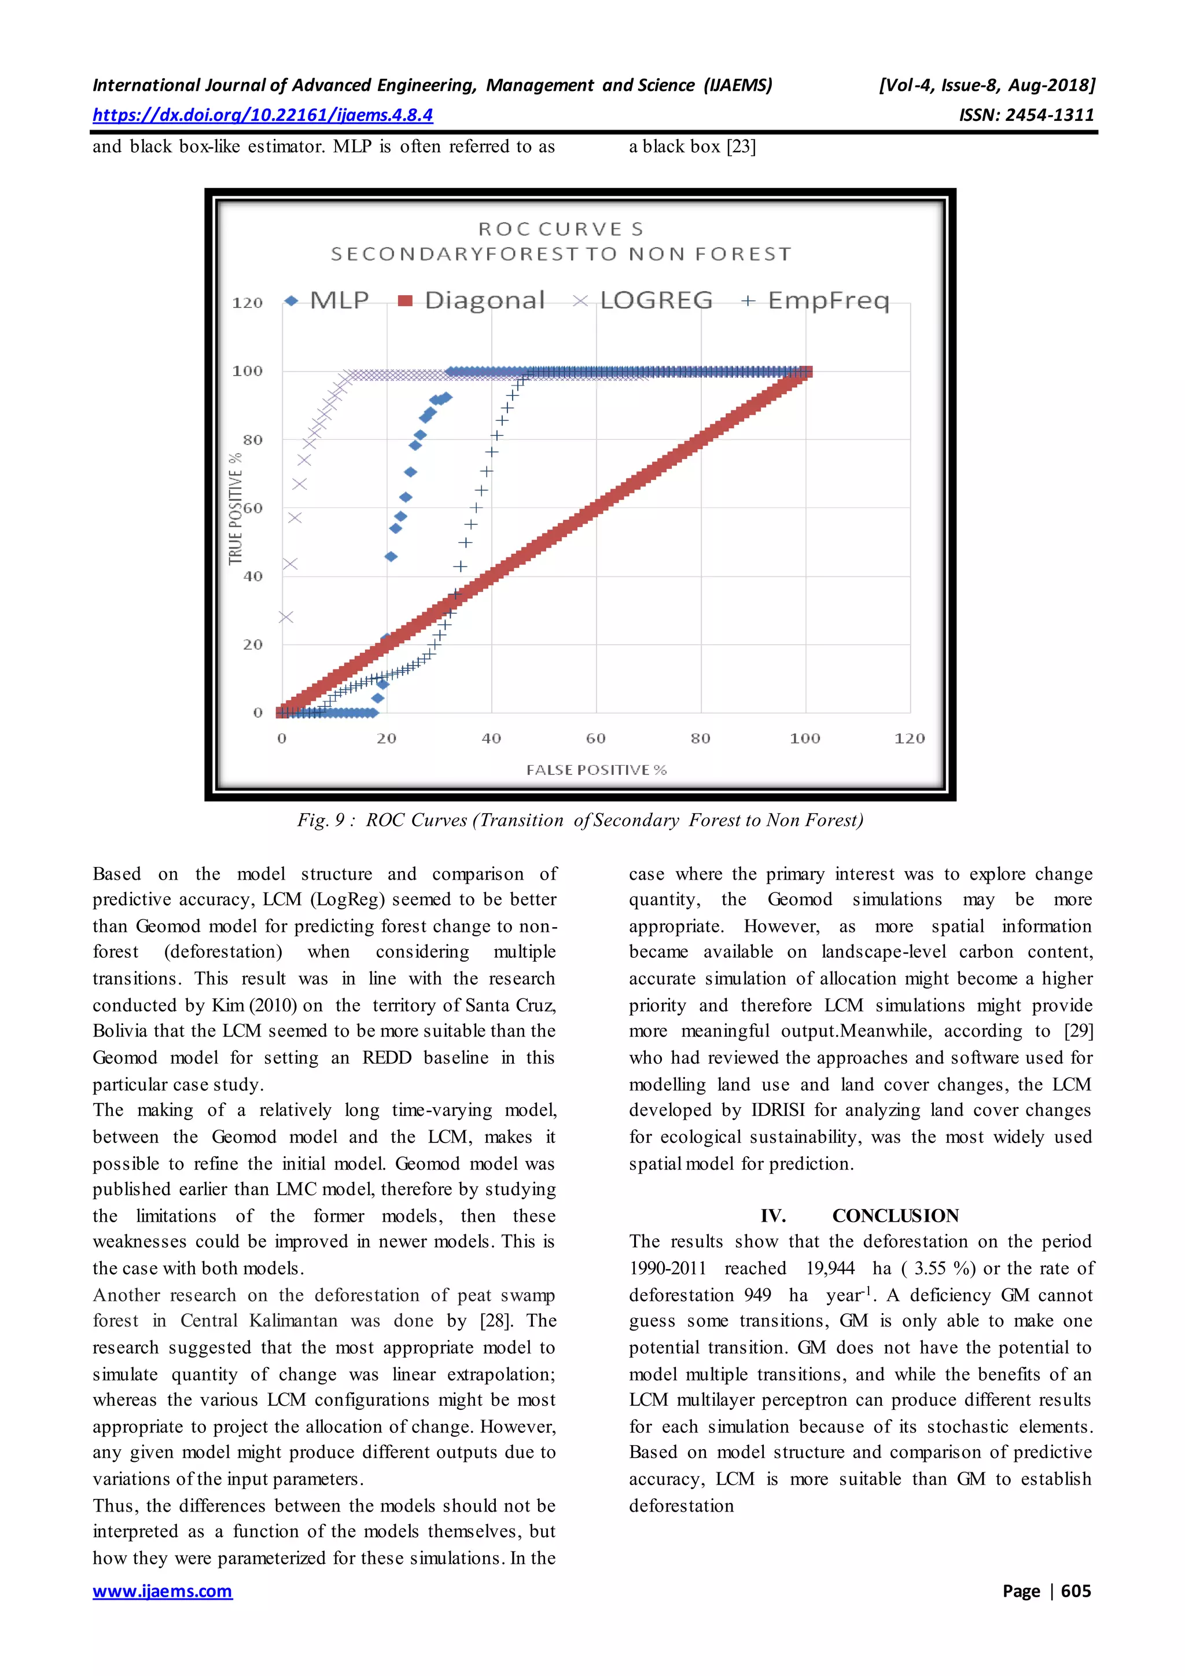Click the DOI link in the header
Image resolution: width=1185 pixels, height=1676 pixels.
pyautogui.click(x=263, y=115)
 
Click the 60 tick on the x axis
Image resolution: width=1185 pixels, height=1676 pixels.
pyautogui.click(x=595, y=738)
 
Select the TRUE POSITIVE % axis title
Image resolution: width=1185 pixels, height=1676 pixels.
pyautogui.click(x=235, y=508)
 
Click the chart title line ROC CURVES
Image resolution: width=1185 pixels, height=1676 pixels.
pyautogui.click(x=561, y=229)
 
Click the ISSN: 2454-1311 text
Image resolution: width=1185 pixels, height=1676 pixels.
pyautogui.click(x=1026, y=115)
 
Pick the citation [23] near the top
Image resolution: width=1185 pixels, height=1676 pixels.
pyautogui.click(x=741, y=147)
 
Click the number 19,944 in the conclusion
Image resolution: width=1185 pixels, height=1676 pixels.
pyautogui.click(x=830, y=1268)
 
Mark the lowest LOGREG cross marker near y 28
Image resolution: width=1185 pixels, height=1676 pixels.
pyautogui.click(x=285, y=617)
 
